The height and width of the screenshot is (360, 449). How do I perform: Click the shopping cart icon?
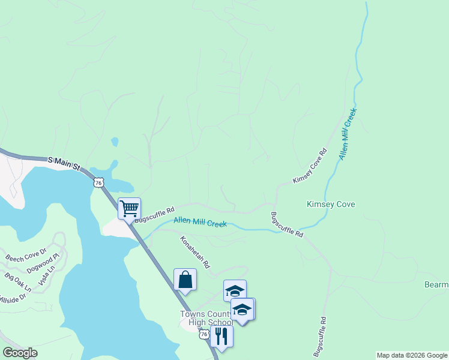pos(129,209)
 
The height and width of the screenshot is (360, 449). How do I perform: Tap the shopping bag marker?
pos(185,280)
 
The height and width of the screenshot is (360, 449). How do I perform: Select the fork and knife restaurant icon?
pos(221,337)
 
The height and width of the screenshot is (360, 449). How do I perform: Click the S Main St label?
pos(64,161)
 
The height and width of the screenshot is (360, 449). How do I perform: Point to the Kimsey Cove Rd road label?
pos(310,166)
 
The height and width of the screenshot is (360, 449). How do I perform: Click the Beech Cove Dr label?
pos(26,254)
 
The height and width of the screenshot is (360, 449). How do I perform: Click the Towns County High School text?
pos(206,319)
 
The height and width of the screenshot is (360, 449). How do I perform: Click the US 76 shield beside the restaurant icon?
pos(205,334)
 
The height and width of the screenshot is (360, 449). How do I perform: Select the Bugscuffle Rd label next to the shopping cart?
pos(154,215)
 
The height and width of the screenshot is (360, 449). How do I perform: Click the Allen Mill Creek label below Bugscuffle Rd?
pos(200,222)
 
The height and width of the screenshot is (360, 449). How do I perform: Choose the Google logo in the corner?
pos(20,353)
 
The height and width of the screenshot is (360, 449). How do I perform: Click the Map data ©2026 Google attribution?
pos(412,355)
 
